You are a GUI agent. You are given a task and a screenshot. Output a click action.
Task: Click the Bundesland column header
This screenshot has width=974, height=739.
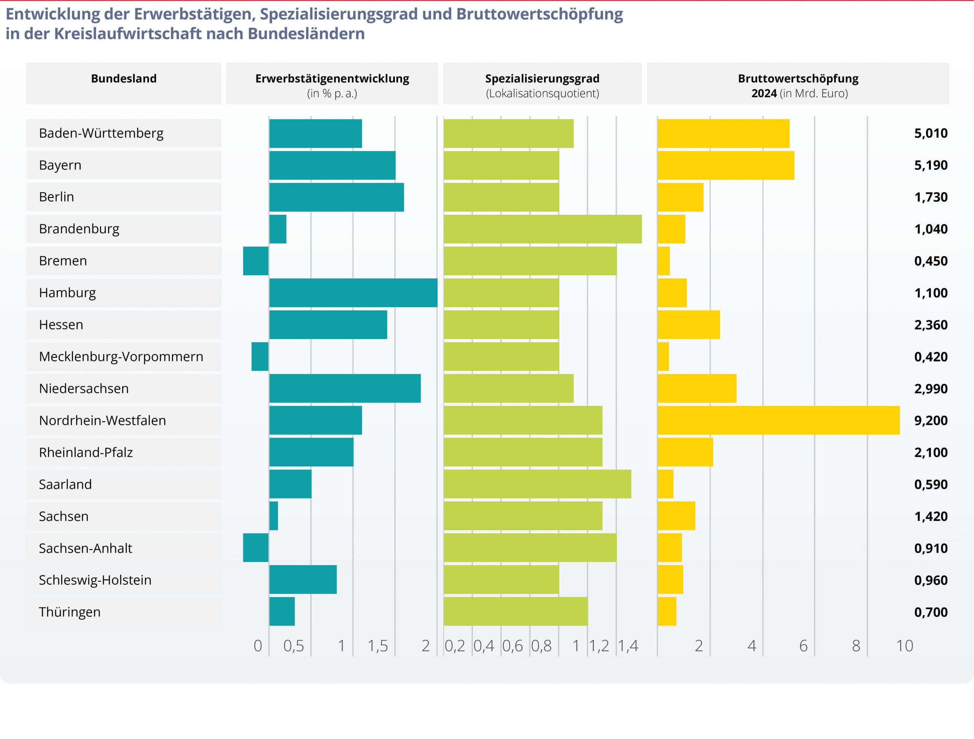[124, 79]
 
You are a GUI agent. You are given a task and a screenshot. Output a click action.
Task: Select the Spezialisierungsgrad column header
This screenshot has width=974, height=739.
[542, 79]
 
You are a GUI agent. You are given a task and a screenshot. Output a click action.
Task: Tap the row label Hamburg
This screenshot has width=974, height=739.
[67, 293]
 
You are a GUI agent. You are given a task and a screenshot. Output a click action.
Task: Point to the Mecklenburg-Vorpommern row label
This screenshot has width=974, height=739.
[121, 356]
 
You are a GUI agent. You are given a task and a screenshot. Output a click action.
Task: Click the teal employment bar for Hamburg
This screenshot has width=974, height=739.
[353, 293]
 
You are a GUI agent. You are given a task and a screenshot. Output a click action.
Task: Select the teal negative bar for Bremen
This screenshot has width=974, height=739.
[256, 261]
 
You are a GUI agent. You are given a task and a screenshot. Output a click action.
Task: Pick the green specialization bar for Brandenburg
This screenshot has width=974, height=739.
[543, 229]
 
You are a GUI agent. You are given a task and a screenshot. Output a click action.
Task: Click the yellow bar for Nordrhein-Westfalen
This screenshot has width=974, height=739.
[778, 420]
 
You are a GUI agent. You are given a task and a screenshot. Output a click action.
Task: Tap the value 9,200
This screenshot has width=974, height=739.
[930, 420]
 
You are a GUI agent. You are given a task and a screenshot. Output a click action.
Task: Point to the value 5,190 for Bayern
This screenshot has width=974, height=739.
[930, 165]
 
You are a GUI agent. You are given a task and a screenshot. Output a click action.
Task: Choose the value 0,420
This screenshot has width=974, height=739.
[930, 356]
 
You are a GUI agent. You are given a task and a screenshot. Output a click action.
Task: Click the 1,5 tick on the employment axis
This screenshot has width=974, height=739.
[378, 646]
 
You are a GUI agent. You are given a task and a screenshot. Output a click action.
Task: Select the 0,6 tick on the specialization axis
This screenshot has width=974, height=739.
[512, 646]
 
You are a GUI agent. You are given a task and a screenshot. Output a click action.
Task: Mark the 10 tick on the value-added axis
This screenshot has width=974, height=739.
[904, 646]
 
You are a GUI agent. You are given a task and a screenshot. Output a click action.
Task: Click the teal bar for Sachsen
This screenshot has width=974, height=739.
[274, 516]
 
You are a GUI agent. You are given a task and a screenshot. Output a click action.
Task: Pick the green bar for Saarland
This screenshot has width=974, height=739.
[537, 484]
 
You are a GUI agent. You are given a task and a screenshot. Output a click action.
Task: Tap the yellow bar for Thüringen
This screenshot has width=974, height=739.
[667, 612]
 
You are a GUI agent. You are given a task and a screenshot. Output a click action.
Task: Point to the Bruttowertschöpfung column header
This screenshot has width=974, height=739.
[798, 79]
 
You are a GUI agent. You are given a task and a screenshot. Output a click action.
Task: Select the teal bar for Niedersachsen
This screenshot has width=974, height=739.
[345, 389]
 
